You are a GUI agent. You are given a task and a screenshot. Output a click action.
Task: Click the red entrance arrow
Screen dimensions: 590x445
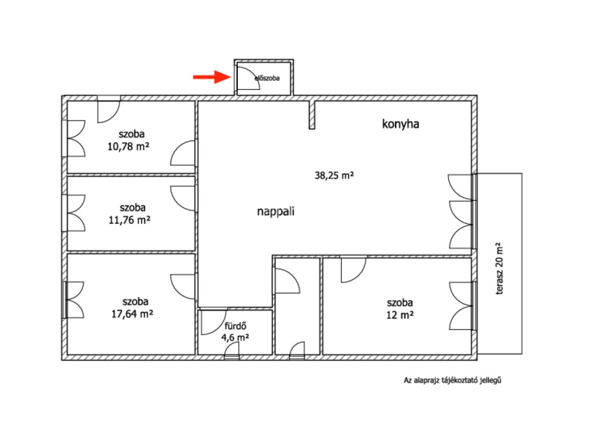212,77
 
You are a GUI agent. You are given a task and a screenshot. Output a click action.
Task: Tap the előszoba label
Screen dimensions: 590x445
267,78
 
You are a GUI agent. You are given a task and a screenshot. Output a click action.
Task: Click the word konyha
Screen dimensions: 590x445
400,124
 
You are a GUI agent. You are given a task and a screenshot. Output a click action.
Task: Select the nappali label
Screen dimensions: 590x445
275,211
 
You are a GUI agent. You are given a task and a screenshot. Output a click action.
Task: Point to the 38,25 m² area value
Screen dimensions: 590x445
334,175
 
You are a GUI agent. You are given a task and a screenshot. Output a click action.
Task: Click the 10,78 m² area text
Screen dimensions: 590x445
128,146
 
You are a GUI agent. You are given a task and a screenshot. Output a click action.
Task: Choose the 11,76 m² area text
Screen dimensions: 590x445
130,220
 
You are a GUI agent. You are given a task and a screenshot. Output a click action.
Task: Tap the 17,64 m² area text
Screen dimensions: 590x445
132,313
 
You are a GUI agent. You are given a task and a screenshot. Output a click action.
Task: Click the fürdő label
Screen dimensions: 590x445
235,326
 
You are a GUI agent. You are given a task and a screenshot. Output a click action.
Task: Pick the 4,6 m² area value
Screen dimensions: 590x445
235,337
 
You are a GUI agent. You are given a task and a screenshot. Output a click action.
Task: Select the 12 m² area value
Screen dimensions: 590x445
400,315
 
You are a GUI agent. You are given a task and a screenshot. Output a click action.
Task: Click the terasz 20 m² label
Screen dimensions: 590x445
500,268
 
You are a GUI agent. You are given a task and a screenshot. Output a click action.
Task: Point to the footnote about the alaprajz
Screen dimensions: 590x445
452,380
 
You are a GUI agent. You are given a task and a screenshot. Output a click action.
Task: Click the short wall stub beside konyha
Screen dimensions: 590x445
312,115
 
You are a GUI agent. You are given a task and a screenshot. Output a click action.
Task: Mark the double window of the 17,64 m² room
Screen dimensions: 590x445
73,300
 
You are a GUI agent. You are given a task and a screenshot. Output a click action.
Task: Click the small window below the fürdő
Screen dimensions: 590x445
232,353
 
